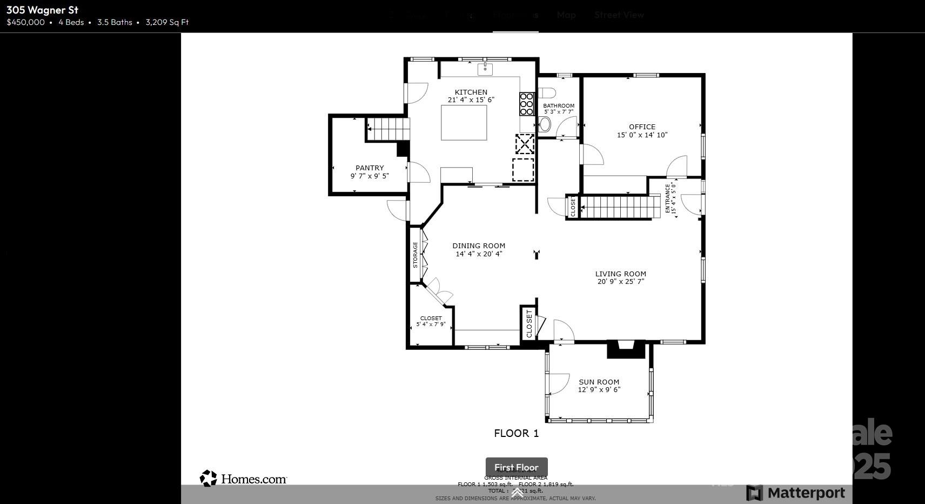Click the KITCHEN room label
point(471,92)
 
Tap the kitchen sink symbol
point(485,69)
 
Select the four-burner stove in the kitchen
point(526,104)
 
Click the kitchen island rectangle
point(464,123)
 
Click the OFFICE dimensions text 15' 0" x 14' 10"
point(642,135)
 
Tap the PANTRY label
point(370,168)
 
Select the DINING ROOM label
point(479,246)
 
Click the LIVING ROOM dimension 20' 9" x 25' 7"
point(620,282)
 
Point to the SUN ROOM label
point(599,382)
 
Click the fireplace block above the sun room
point(626,349)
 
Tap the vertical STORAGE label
point(415,255)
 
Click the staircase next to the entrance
point(620,207)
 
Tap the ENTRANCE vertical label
point(668,198)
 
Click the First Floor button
point(516,467)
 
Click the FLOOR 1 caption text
point(516,433)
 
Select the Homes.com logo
point(243,479)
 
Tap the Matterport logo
point(795,493)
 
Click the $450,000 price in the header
point(25,22)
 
